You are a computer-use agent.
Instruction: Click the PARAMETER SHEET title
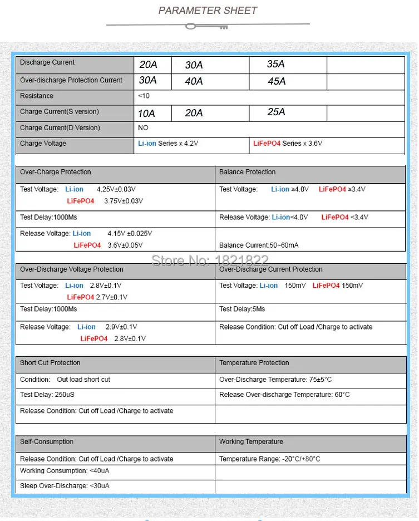pos(208,11)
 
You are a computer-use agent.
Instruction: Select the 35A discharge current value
pos(275,65)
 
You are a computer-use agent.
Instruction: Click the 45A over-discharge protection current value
pos(277,81)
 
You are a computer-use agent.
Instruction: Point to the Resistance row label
pos(37,96)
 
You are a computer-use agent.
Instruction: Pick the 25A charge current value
pos(276,112)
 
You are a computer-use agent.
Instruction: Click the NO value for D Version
pos(143,128)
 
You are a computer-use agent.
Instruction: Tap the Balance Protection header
pos(247,172)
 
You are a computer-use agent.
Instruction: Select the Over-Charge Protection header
pos(55,172)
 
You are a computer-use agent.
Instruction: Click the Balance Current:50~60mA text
pos(259,245)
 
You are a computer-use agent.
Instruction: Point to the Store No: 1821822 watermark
pos(210,260)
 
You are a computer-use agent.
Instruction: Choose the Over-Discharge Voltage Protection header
pos(71,269)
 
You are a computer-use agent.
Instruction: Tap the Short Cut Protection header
pos(50,363)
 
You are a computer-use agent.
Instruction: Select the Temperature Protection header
pos(254,363)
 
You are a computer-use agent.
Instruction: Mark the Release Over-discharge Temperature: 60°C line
pos(284,395)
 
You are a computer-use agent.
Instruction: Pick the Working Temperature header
pos(251,442)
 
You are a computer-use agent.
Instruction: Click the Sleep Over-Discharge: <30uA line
pos(65,486)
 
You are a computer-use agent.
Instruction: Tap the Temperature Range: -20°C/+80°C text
pos(269,459)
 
